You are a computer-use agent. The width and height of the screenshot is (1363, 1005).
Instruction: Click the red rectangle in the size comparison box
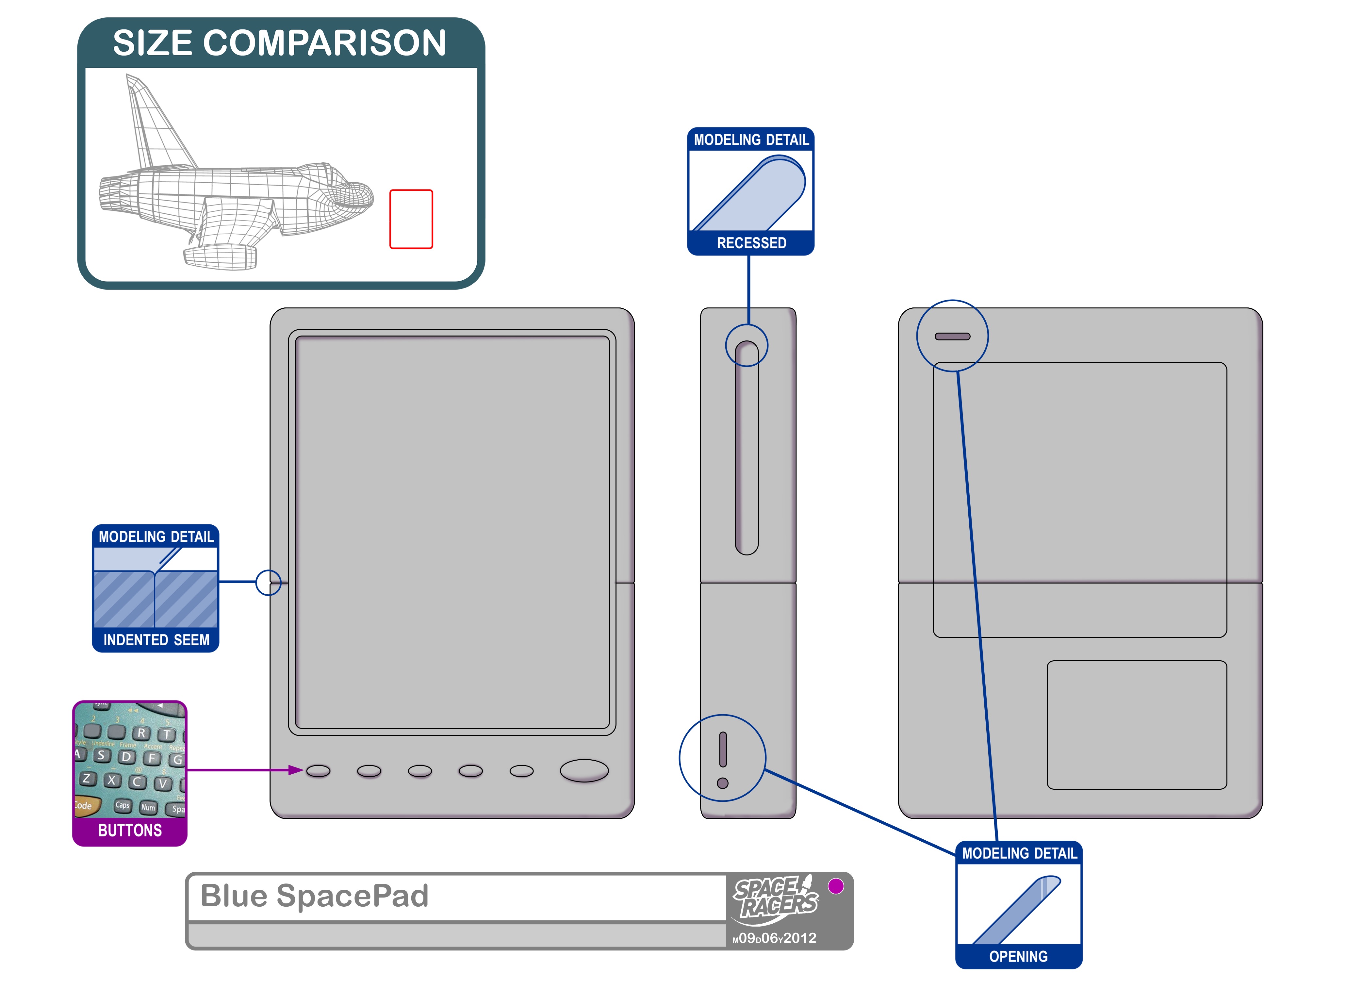[411, 219]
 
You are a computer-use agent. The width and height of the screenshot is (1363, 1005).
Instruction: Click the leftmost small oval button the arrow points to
[318, 771]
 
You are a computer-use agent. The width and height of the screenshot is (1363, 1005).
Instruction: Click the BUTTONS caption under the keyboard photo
[130, 831]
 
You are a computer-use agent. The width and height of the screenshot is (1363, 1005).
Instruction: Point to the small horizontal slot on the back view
[952, 337]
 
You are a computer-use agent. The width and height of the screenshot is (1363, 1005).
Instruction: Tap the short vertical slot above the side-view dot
[723, 750]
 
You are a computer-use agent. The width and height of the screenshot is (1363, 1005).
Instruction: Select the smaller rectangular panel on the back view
[1136, 725]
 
